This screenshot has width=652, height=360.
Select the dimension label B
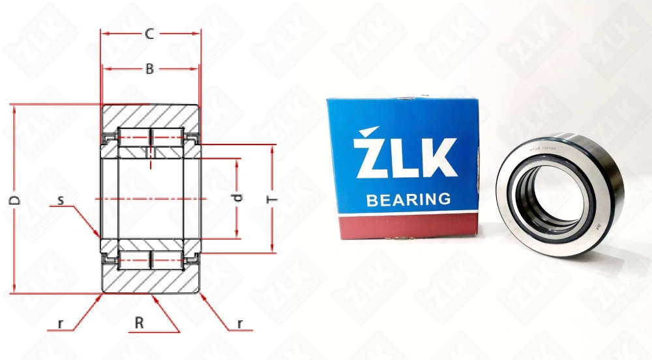(x=149, y=68)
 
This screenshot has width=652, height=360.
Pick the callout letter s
(x=60, y=200)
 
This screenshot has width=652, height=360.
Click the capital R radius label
(x=139, y=323)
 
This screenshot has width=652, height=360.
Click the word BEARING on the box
(x=409, y=199)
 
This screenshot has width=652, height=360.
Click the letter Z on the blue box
(x=369, y=157)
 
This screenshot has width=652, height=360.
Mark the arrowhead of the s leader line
(x=98, y=235)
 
